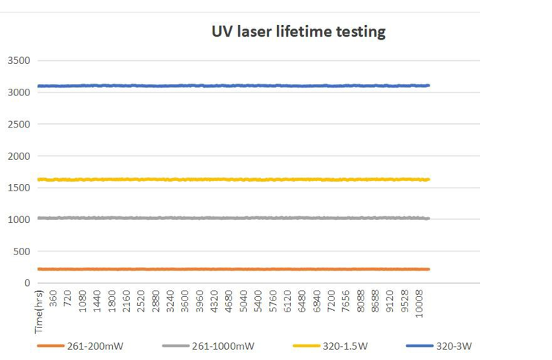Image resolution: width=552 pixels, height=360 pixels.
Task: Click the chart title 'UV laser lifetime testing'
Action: click(298, 32)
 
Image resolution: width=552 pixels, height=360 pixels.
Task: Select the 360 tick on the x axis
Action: click(54, 300)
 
